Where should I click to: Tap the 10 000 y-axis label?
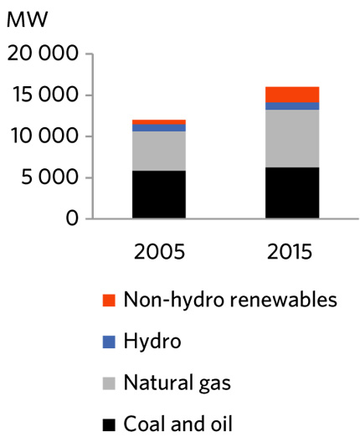click(x=43, y=136)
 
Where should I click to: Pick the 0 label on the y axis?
click(x=72, y=218)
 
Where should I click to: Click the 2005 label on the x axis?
click(x=158, y=251)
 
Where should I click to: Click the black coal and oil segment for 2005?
click(x=158, y=194)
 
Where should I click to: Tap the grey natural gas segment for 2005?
click(x=158, y=151)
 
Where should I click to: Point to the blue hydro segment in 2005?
click(x=158, y=128)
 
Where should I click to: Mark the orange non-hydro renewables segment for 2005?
click(x=158, y=122)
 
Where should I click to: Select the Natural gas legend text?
click(x=176, y=383)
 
